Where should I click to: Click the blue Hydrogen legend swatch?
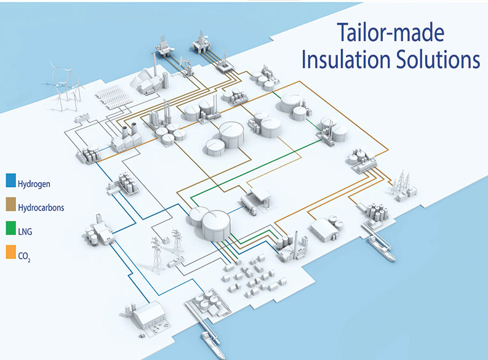(x=10, y=183)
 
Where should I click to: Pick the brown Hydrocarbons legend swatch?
(x=10, y=208)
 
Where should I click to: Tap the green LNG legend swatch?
(x=10, y=232)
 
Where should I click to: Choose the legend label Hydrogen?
(x=34, y=183)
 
